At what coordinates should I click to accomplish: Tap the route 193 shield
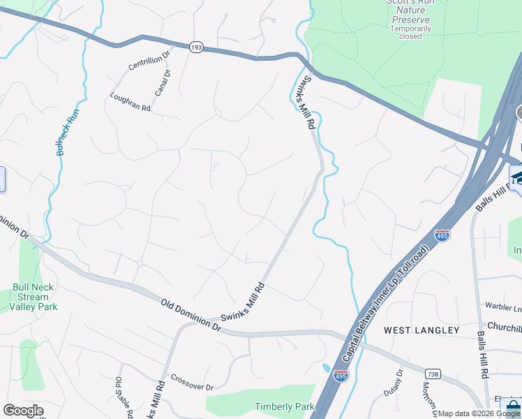click(196, 47)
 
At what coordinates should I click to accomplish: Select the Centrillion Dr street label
click(149, 61)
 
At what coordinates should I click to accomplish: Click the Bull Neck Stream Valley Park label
click(33, 297)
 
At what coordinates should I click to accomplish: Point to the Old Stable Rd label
click(119, 395)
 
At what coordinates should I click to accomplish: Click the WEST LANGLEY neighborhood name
click(422, 330)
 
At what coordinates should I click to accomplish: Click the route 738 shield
click(433, 374)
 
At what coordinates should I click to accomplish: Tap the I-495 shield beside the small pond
click(341, 376)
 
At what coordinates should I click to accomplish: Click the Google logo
click(23, 411)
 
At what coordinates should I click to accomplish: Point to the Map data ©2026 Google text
click(479, 413)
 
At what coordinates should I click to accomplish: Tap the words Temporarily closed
click(410, 32)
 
